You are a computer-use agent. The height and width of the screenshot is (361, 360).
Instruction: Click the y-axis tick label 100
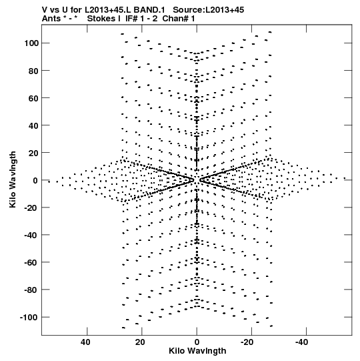31,43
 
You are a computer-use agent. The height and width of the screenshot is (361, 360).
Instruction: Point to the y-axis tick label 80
33,71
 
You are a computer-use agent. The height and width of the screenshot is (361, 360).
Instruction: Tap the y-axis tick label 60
33,98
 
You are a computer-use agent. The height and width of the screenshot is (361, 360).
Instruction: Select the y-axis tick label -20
31,208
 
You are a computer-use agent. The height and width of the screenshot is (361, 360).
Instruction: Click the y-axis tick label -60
31,262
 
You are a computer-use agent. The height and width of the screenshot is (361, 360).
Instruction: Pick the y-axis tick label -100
29,317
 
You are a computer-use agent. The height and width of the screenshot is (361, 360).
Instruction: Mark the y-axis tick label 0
35,180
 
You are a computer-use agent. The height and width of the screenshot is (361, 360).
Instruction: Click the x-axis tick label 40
85,342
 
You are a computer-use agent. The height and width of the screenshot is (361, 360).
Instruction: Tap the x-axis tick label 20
140,342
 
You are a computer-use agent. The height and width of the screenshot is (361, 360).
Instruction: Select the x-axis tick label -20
247,342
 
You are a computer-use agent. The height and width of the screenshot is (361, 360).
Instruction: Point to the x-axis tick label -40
301,342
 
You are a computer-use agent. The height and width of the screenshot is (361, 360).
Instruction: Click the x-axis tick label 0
197,342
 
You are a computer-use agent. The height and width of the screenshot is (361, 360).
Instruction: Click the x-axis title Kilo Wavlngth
197,351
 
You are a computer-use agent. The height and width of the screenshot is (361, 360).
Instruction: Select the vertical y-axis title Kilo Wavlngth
13,179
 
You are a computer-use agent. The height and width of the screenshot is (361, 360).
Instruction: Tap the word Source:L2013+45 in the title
209,10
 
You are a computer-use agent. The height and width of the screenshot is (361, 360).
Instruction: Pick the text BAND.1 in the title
149,10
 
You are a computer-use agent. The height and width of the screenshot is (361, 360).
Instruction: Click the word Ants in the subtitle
51,19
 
